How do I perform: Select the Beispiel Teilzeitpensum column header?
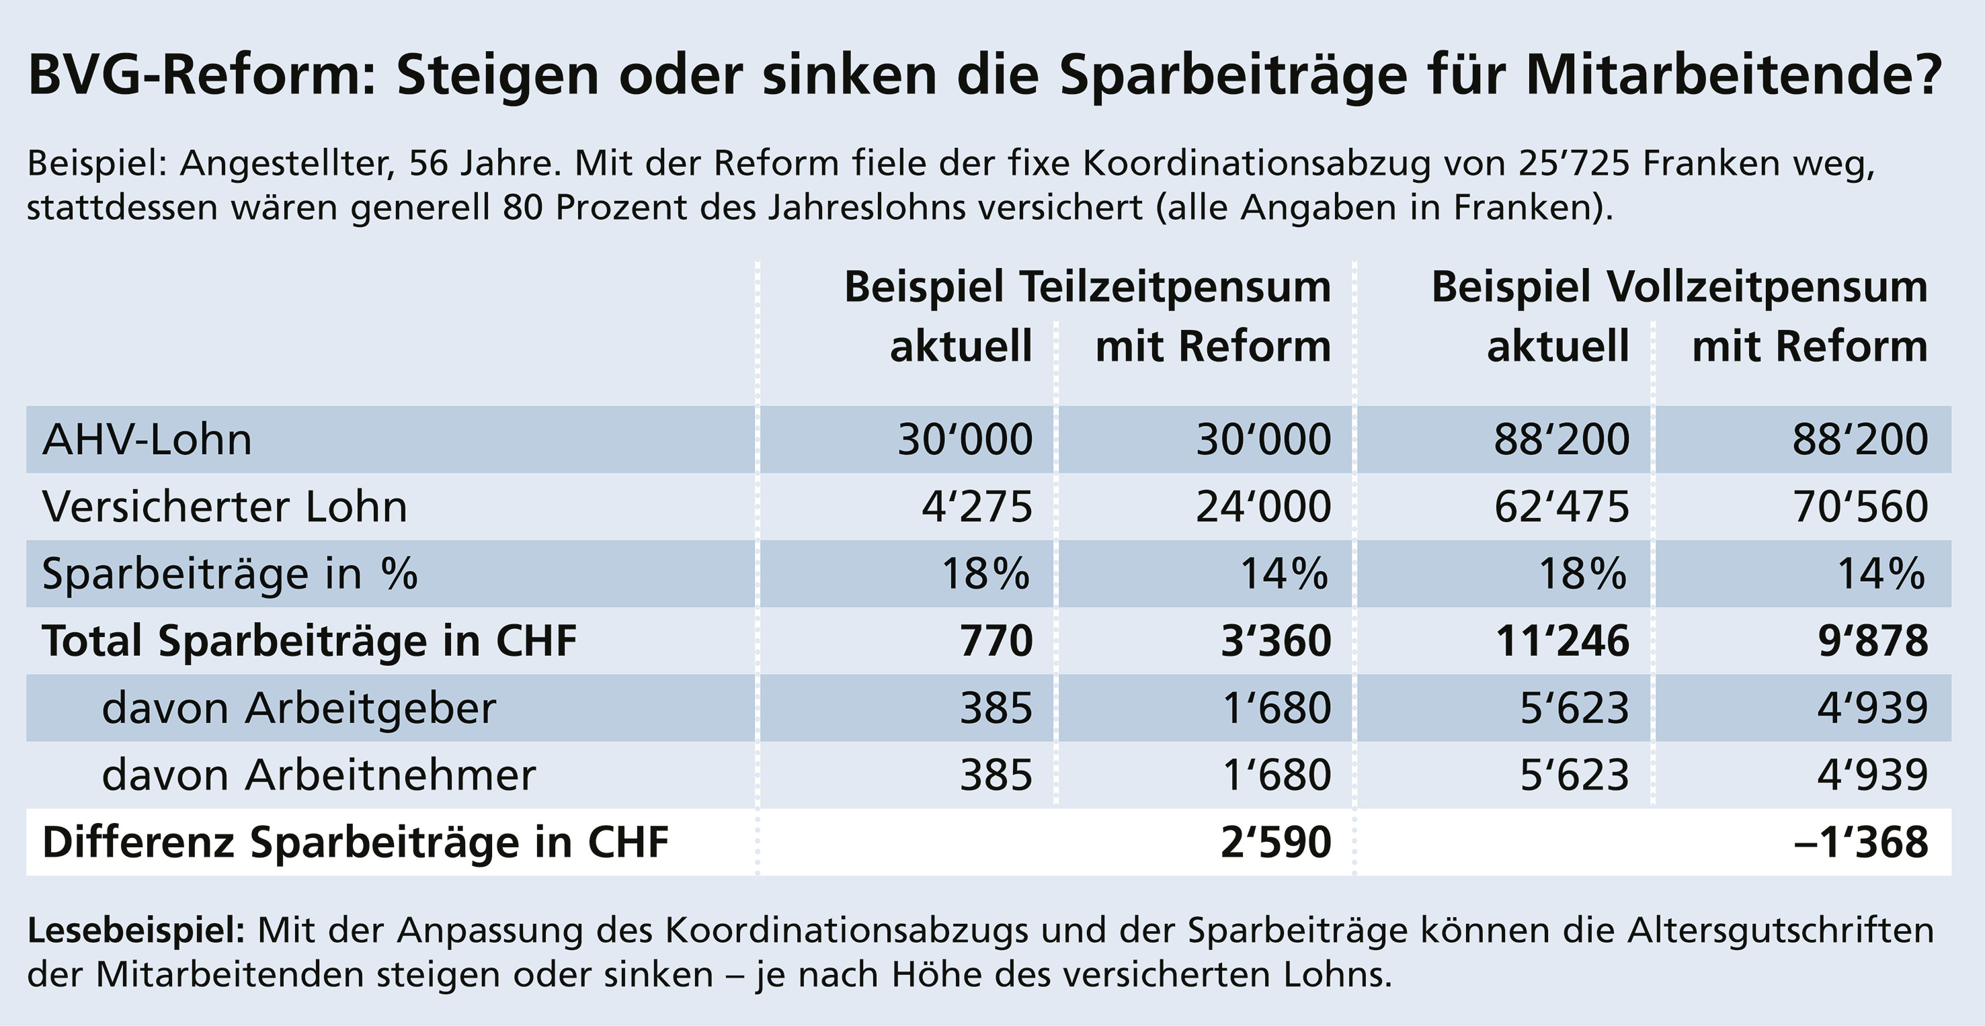pyautogui.click(x=1088, y=288)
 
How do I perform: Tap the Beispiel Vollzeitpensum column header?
pyautogui.click(x=1679, y=288)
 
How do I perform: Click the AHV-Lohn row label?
pyautogui.click(x=147, y=440)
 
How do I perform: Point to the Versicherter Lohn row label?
pyautogui.click(x=225, y=507)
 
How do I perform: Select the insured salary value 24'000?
pyautogui.click(x=1263, y=507)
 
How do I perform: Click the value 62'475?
pyautogui.click(x=1562, y=507)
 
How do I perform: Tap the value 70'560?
pyautogui.click(x=1860, y=507)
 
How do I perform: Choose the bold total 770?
pyautogui.click(x=996, y=641)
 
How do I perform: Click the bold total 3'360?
pyautogui.click(x=1276, y=641)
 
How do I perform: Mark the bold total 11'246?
pyautogui.click(x=1562, y=641)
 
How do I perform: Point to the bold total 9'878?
pyautogui.click(x=1873, y=641)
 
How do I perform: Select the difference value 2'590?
pyautogui.click(x=1276, y=843)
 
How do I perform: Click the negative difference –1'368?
pyautogui.click(x=1861, y=843)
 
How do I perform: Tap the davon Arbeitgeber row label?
pyautogui.click(x=299, y=708)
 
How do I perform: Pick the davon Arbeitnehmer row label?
pyautogui.click(x=318, y=775)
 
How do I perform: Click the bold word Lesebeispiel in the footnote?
pyautogui.click(x=136, y=931)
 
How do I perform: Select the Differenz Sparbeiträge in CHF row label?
pyautogui.click(x=355, y=843)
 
